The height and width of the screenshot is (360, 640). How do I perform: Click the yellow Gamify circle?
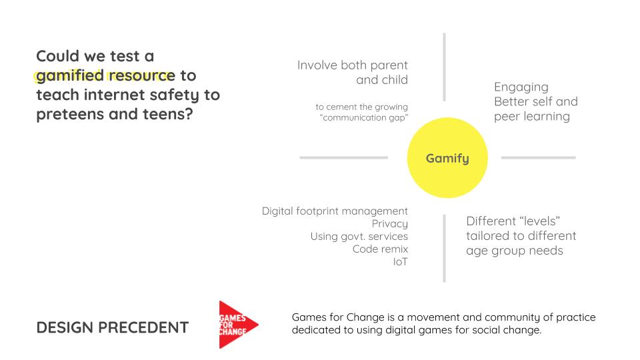447,158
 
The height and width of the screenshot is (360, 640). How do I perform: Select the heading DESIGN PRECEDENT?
112,327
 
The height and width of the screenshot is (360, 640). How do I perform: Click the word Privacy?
389,224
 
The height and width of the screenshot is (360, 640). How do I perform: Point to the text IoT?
401,261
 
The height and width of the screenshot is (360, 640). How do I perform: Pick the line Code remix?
380,249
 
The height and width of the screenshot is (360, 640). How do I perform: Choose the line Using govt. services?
359,236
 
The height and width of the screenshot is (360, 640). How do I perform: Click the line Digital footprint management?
335,211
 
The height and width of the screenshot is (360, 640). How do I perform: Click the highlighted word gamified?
70,76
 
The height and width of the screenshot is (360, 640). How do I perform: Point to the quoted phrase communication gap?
364,117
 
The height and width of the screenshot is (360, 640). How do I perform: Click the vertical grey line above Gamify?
444,67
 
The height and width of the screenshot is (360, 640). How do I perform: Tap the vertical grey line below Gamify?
444,248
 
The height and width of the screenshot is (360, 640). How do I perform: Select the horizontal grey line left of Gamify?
344,157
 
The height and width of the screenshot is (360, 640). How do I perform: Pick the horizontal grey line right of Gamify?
539,157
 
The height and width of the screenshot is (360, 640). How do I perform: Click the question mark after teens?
189,113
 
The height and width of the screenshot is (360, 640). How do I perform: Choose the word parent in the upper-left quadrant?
389,65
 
